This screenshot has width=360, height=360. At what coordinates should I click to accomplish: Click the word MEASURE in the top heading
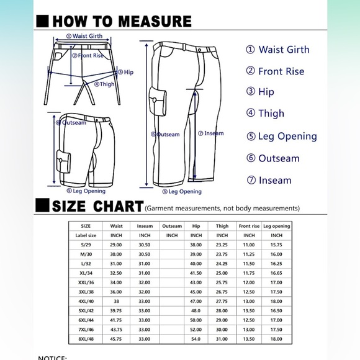tap(155, 21)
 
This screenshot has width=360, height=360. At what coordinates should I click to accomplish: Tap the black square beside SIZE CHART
tap(42, 205)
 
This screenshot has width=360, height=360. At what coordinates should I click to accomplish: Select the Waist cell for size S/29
tap(115, 245)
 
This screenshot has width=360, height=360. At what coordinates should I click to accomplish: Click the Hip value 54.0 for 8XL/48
tap(196, 339)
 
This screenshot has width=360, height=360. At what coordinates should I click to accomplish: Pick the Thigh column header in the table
tap(222, 226)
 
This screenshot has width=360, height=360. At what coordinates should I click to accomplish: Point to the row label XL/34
tap(86, 273)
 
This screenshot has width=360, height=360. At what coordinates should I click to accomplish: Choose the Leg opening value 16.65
tap(276, 273)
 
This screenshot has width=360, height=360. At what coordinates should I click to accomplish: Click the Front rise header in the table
tap(249, 226)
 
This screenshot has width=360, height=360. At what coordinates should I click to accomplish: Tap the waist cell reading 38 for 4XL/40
tap(117, 301)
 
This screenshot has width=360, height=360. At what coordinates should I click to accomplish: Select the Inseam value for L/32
tap(145, 264)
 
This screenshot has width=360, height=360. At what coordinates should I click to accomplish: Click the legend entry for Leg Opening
tap(282, 137)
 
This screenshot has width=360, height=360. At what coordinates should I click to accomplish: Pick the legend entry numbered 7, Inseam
tap(269, 180)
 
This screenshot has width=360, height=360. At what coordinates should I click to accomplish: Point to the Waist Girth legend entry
tap(277, 50)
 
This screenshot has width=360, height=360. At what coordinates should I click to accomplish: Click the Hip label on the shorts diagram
tap(125, 73)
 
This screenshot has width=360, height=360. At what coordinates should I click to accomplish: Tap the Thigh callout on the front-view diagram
tap(104, 84)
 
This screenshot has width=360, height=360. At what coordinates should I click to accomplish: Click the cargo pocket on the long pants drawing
tap(158, 101)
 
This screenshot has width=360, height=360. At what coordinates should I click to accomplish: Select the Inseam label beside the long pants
tap(211, 133)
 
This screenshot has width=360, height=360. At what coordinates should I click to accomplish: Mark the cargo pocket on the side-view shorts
tap(63, 161)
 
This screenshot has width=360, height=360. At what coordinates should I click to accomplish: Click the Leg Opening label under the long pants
tap(182, 191)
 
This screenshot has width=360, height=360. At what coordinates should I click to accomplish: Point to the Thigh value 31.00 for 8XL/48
tap(222, 339)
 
